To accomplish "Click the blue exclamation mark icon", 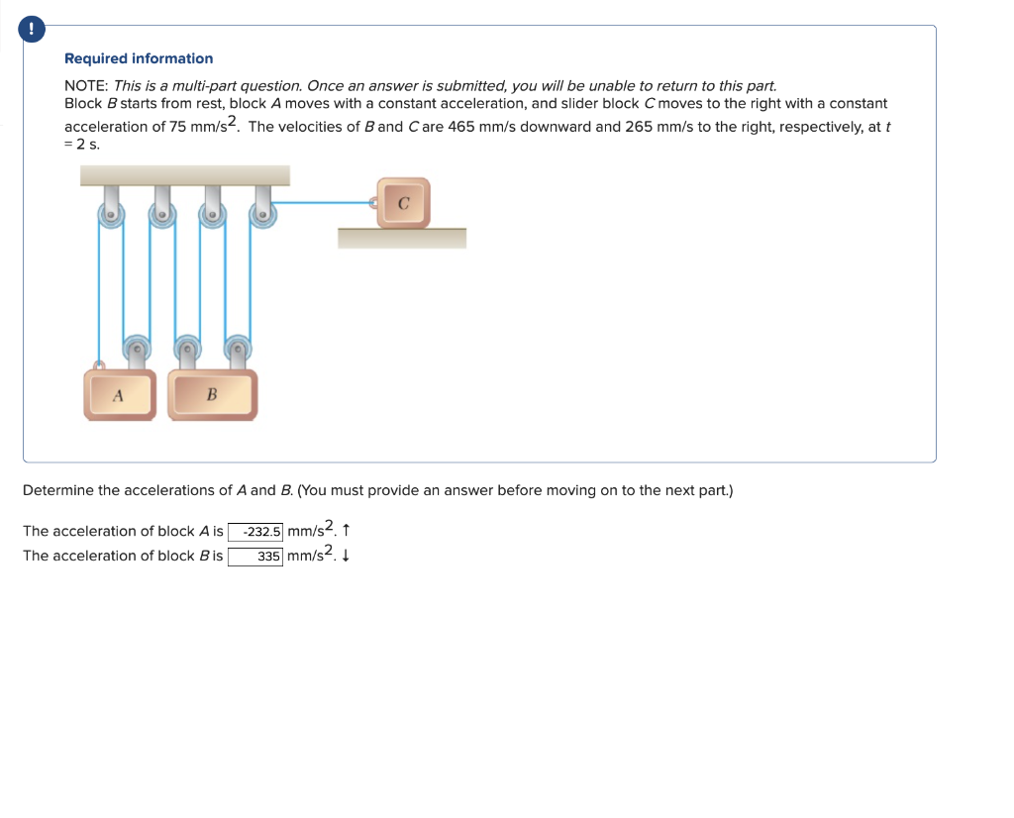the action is [34, 31].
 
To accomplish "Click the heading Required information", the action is [139, 58].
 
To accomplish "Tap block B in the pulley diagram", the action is [212, 394].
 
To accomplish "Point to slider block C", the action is [403, 203].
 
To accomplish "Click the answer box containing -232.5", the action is [255, 532].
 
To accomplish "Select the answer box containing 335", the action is [255, 557].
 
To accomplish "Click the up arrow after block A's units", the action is [344, 532].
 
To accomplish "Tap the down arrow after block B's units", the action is [344, 557].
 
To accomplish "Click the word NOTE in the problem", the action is [86, 86].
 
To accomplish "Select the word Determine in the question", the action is [57, 490].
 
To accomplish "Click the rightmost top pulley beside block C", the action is [262, 214].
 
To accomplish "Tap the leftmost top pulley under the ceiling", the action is [111, 214].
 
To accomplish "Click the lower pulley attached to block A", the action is [137, 348].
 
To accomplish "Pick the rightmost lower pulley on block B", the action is [237, 348].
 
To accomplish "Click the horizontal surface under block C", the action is [401, 238].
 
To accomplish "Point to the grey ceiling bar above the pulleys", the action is [185, 175].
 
